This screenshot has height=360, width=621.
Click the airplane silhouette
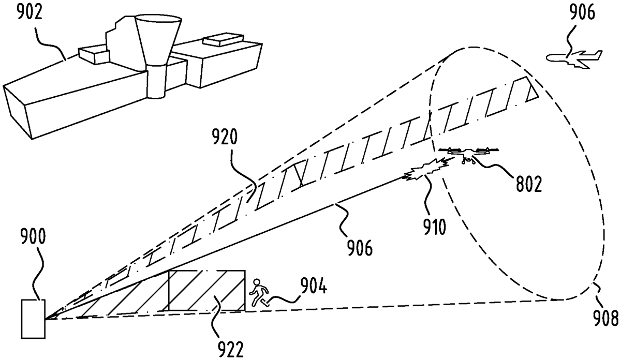[576, 57]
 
